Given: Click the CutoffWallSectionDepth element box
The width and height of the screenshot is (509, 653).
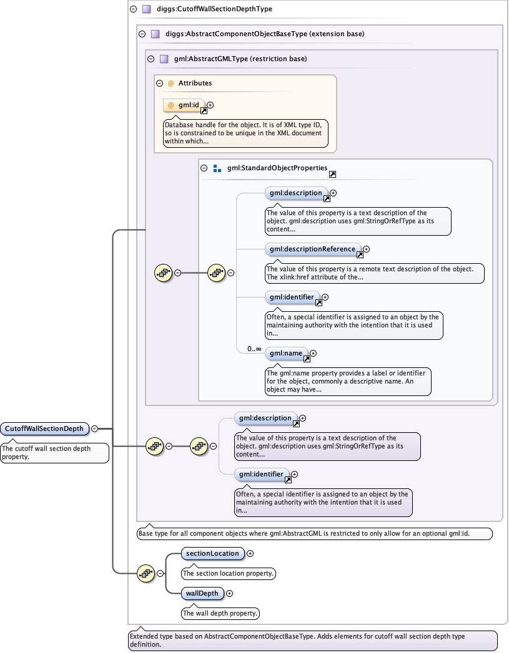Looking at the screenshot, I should [44, 428].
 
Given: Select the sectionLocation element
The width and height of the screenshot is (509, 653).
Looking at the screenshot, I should [212, 553].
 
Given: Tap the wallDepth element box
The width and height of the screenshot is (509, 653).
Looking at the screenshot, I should [202, 593].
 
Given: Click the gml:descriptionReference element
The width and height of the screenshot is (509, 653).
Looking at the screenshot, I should [312, 249].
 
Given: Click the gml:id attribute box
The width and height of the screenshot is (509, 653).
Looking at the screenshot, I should [184, 105].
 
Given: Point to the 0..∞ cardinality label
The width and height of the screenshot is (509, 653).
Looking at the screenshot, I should [254, 349].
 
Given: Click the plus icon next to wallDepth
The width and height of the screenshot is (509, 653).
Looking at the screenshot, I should [229, 593].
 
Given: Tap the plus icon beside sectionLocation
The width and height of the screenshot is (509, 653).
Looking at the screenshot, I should [250, 553].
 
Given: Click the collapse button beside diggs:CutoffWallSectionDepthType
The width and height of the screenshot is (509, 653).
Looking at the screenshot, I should [133, 9].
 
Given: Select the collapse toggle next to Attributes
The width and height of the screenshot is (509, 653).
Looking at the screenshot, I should [160, 83].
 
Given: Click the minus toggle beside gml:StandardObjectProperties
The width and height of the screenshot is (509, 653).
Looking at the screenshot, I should [204, 168].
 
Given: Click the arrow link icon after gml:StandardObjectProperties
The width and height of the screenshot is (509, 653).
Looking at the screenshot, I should [332, 175].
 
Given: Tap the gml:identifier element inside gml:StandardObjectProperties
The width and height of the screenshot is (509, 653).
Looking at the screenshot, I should [292, 297].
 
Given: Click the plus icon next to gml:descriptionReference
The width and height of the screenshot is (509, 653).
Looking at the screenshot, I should [367, 249].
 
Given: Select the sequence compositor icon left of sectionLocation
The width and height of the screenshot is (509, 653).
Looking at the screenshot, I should [146, 573].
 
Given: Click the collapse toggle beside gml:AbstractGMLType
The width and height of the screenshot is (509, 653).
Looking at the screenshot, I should [151, 59].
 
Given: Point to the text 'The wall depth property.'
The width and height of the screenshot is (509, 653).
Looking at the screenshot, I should [220, 613].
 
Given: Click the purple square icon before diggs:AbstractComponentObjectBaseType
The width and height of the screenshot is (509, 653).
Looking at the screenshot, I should [155, 34].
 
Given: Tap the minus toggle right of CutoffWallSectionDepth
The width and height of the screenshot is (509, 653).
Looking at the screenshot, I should [94, 428].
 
